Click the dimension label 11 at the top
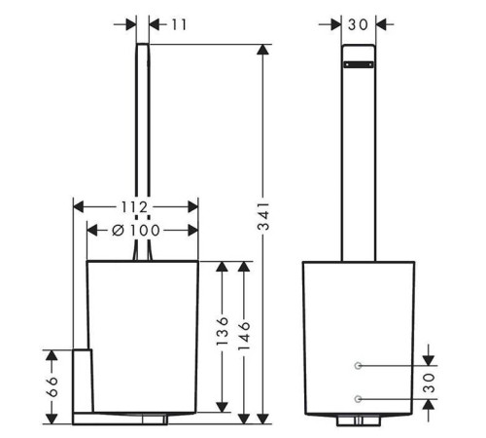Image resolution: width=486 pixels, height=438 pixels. [x=179, y=24]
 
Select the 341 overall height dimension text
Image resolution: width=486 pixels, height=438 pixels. [x=263, y=216]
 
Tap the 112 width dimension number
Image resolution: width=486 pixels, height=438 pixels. [x=134, y=207]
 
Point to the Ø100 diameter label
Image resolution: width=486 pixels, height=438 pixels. [x=136, y=231]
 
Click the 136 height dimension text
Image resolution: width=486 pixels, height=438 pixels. [x=223, y=331]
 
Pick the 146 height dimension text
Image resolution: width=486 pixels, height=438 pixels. [x=244, y=336]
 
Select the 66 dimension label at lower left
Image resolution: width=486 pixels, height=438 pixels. [x=52, y=386]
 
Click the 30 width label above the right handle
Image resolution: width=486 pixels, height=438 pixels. [x=359, y=24]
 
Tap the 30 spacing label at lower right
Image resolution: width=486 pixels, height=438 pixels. [x=429, y=383]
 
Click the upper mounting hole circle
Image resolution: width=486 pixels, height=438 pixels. [x=358, y=366]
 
